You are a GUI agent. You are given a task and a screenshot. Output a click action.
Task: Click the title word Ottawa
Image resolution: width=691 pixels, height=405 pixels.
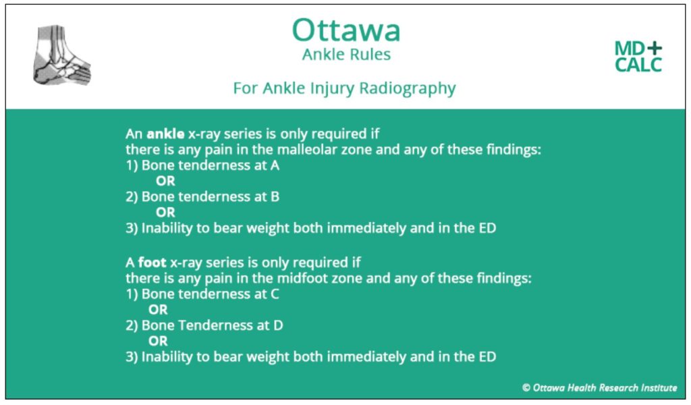[345, 30]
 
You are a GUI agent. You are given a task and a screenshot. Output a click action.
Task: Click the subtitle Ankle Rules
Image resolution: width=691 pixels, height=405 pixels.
[345, 55]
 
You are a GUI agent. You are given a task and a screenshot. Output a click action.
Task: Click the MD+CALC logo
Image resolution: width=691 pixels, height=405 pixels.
[638, 57]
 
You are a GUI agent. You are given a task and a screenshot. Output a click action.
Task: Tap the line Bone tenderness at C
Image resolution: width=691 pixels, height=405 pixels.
[202, 294]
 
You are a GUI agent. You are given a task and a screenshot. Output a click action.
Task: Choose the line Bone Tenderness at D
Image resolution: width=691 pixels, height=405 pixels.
[203, 325]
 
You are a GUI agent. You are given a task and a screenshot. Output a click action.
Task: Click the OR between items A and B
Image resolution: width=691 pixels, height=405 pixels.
[165, 181]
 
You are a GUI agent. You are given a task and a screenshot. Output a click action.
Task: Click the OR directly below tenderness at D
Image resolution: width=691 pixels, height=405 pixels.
[158, 341]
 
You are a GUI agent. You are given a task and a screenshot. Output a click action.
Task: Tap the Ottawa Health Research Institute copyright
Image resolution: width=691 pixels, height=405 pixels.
[599, 387]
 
